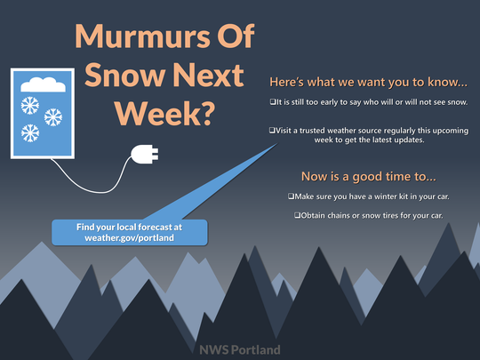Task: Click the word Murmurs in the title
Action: coord(142,36)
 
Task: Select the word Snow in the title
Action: coord(125,76)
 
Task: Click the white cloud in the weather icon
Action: coord(43,84)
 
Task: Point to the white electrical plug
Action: coord(145,154)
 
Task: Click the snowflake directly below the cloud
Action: coord(30,106)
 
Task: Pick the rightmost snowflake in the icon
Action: coord(53,117)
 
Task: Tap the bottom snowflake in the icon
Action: coord(30,133)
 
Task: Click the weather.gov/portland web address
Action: coord(129,238)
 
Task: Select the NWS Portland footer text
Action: coord(240,349)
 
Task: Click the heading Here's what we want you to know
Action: coord(369,82)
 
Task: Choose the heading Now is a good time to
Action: coord(369,177)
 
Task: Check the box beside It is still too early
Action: coord(273,101)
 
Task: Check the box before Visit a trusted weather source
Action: coord(272,130)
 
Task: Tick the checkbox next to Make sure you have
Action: coord(291,196)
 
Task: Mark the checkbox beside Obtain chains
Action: coord(297,215)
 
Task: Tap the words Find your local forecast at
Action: coord(129,228)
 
